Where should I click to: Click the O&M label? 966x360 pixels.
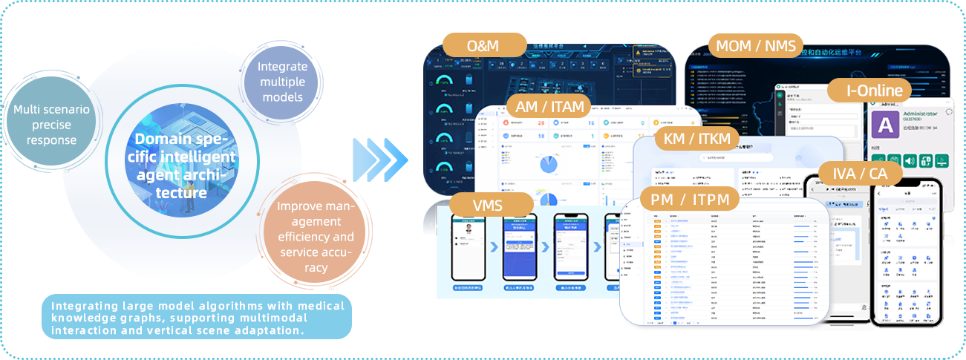[483, 45]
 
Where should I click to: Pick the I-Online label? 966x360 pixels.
[869, 91]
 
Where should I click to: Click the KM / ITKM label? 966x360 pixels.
[696, 139]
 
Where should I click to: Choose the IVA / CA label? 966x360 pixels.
[860, 174]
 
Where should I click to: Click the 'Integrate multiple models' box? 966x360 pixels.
[282, 82]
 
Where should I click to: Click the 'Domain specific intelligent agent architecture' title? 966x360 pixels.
[186, 166]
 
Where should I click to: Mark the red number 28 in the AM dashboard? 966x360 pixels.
[541, 122]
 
